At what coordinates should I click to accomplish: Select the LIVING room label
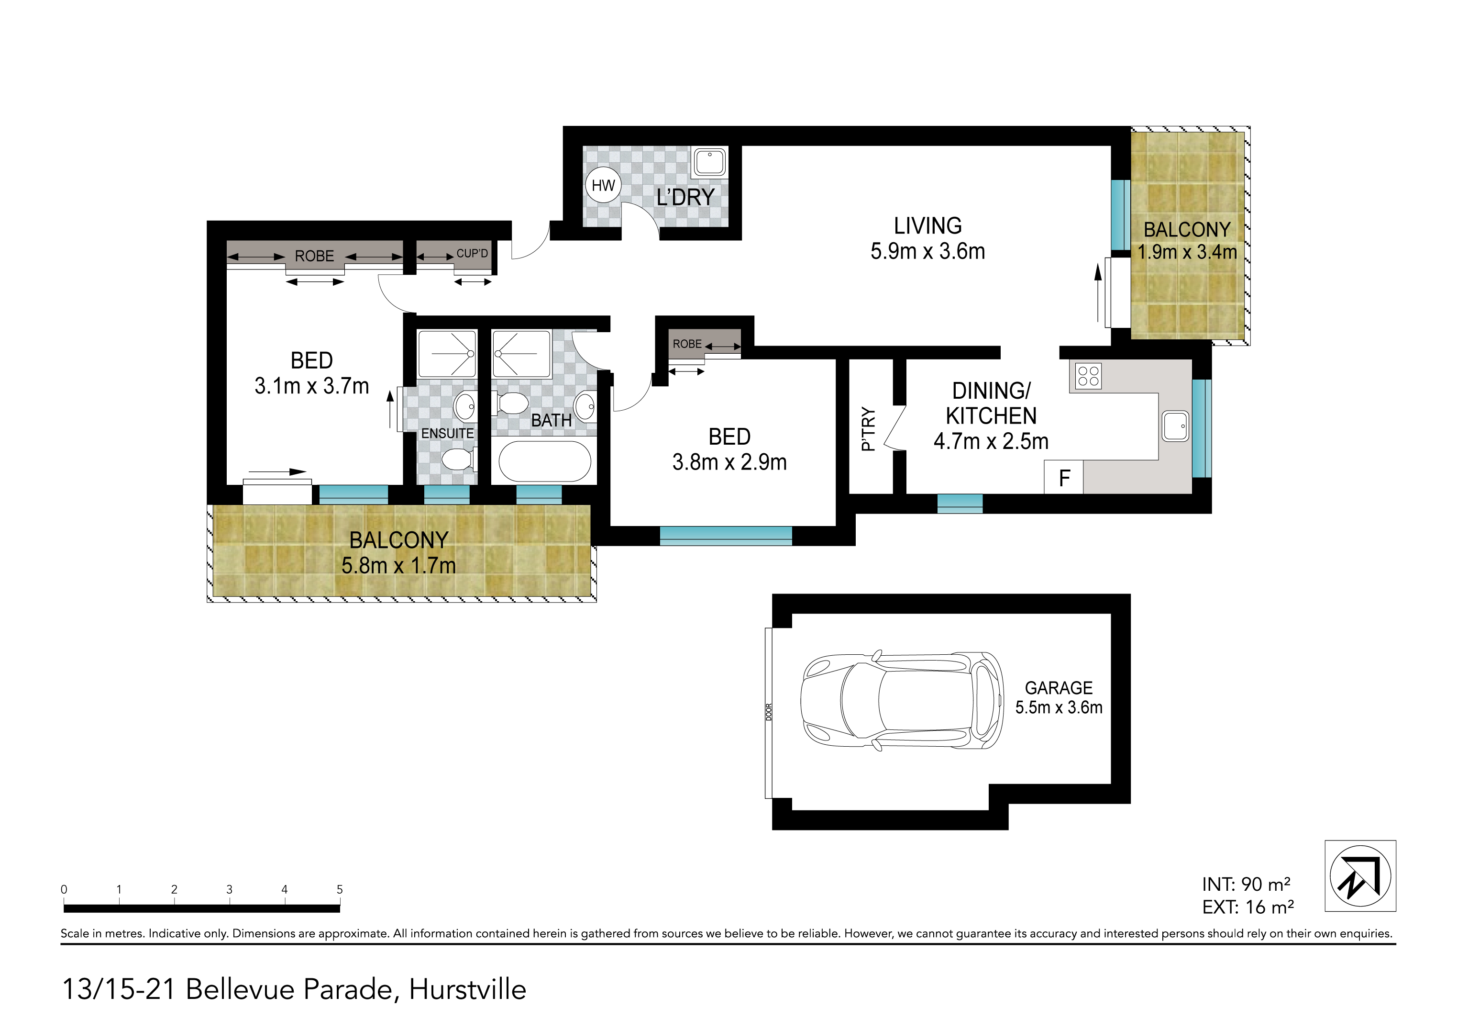[928, 226]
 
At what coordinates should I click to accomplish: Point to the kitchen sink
[1175, 426]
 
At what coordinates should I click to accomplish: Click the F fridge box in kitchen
[1064, 477]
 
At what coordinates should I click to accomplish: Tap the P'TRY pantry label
[868, 429]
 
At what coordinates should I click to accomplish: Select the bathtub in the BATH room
[545, 461]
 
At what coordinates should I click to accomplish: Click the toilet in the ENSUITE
[459, 459]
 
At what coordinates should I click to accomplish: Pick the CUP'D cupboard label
[472, 253]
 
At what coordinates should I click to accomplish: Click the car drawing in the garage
[903, 701]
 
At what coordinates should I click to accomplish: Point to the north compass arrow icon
[1360, 876]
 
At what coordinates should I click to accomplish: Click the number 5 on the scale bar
[340, 889]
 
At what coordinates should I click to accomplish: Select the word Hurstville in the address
[468, 990]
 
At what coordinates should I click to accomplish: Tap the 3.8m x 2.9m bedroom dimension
[730, 462]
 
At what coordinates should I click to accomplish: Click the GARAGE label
[1059, 688]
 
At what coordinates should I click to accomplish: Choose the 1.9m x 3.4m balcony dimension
[1187, 252]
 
